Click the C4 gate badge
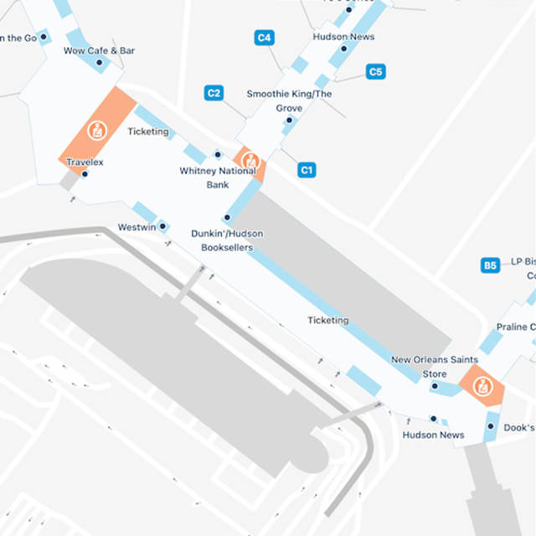[265, 38]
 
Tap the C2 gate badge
[214, 93]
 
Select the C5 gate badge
[376, 72]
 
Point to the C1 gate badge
[307, 171]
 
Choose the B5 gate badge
[491, 265]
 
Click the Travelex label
[85, 162]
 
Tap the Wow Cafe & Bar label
[99, 50]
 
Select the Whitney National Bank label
[218, 177]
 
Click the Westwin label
[137, 227]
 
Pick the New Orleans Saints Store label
[434, 366]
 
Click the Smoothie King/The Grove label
[289, 100]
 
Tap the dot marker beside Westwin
[162, 226]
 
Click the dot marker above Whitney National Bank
[218, 155]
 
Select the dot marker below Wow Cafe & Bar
[99, 63]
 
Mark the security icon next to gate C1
[250, 161]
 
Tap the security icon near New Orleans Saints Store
[482, 386]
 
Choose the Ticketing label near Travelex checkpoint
[148, 131]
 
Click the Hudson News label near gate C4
[343, 37]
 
